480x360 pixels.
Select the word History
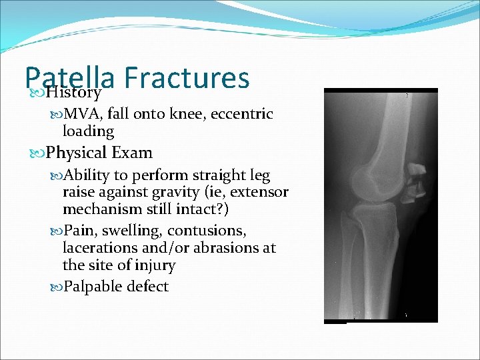[74, 92]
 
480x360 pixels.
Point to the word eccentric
[241, 114]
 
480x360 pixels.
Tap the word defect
[145, 287]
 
